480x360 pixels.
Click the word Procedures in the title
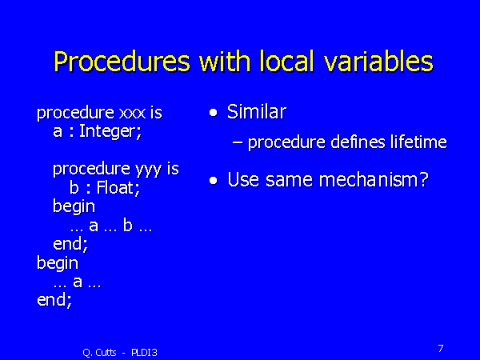pyautogui.click(x=122, y=62)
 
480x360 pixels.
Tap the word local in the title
pyautogui.click(x=287, y=61)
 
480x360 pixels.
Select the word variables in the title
pyautogui.click(x=378, y=61)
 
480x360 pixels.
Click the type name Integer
pyautogui.click(x=110, y=132)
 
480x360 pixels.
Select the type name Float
pyautogui.click(x=118, y=187)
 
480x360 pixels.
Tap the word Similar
pyautogui.click(x=257, y=112)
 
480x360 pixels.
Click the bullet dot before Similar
pyautogui.click(x=214, y=113)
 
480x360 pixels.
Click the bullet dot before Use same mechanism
pyautogui.click(x=214, y=180)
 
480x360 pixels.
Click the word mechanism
pyautogui.click(x=368, y=180)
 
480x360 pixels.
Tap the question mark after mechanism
pyautogui.click(x=424, y=180)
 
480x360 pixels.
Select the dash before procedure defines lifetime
pyautogui.click(x=238, y=142)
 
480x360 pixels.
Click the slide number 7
pyautogui.click(x=441, y=348)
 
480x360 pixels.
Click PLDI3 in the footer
pyautogui.click(x=144, y=353)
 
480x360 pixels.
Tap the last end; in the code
pyautogui.click(x=54, y=300)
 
